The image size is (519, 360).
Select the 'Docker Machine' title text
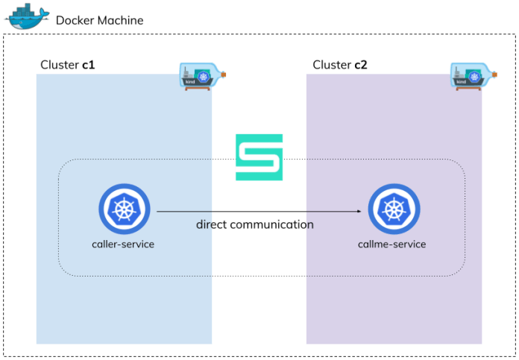click(100, 20)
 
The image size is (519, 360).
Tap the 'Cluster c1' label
click(67, 65)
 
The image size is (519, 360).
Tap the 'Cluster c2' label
click(340, 65)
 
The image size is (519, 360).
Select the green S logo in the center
click(259, 157)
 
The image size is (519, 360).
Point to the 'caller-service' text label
click(124, 244)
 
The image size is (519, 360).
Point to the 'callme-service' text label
click(393, 244)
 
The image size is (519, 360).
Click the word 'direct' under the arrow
click(212, 224)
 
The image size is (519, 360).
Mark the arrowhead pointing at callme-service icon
click(359, 211)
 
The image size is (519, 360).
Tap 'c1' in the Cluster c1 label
click(89, 65)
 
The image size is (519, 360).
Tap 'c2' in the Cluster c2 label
click(360, 65)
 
